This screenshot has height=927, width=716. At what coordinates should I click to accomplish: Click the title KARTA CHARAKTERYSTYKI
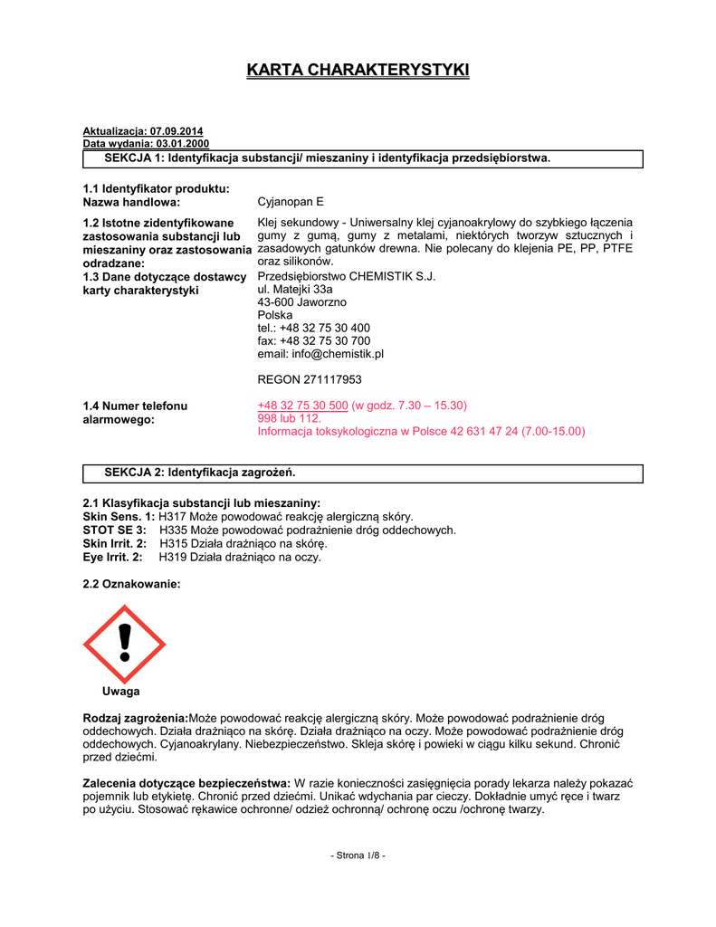coord(358,71)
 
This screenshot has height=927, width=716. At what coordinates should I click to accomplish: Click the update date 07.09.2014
coord(177,131)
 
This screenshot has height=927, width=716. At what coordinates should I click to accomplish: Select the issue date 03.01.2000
coord(182,144)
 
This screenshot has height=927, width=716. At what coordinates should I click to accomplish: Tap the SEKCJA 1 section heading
coord(327,158)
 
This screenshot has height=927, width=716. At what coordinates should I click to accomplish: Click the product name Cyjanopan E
coord(290,203)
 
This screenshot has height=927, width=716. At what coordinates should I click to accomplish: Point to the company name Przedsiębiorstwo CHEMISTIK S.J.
coord(347,276)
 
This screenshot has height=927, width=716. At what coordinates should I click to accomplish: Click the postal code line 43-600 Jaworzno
coord(302,302)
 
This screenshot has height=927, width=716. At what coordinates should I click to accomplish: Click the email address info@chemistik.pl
coord(336,354)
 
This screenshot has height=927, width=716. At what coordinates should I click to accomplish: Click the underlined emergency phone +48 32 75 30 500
coord(302,406)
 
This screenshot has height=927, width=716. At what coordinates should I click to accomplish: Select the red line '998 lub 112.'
coord(290,418)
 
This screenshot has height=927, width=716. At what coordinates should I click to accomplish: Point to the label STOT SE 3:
coord(114,530)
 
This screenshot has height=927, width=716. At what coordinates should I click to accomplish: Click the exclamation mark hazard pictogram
coord(125,645)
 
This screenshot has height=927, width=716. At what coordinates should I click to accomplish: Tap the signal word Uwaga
coord(120,692)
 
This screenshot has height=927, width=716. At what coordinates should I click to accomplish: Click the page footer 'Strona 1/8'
coord(358,855)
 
